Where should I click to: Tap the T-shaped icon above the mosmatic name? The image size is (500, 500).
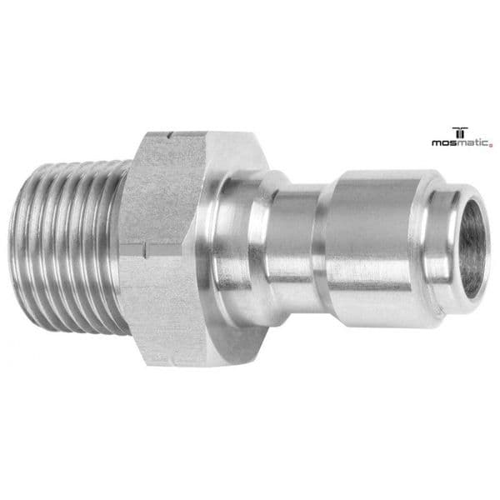click(459, 132)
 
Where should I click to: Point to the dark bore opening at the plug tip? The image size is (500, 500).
click(472, 248)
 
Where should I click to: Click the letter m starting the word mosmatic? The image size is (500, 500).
click(436, 142)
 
